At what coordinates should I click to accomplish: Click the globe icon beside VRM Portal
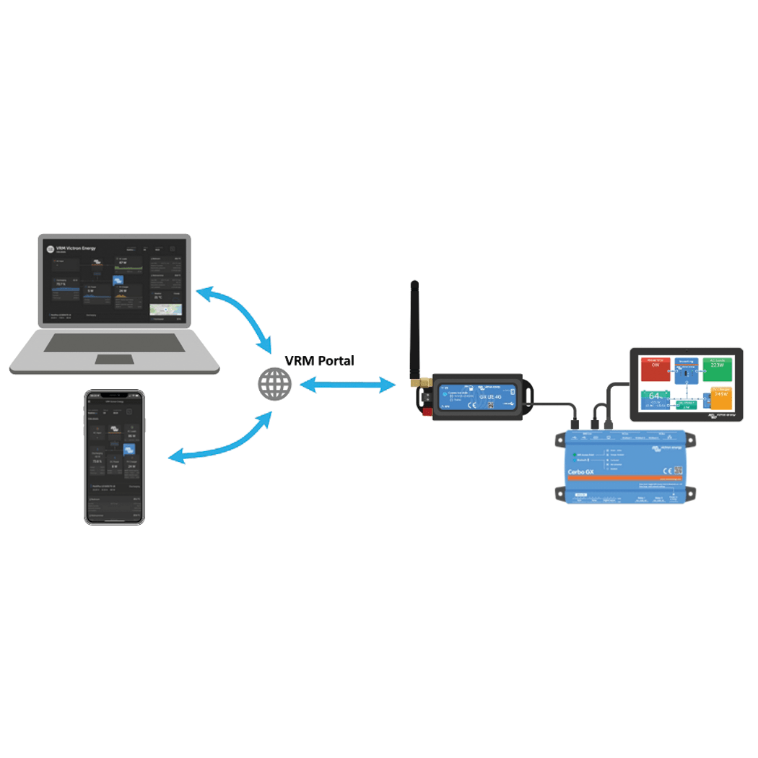point(276,385)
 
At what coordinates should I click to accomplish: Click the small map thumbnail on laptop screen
point(165,310)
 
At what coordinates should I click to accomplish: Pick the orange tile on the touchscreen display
point(719,398)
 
